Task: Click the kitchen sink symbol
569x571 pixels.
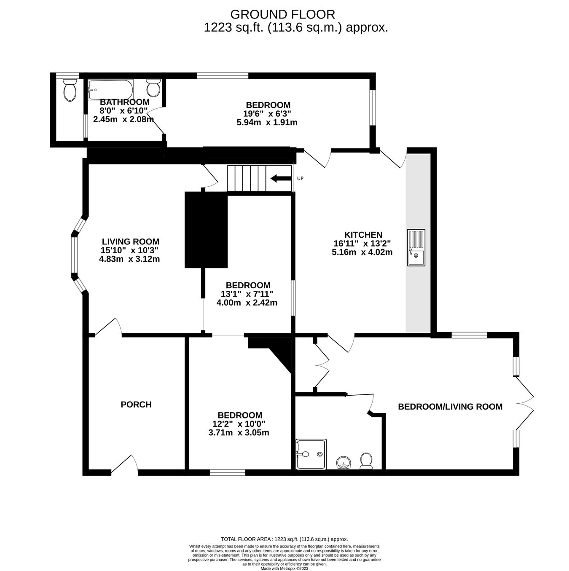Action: click(416, 247)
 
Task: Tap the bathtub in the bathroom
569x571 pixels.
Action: click(110, 90)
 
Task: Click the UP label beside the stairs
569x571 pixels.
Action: click(301, 178)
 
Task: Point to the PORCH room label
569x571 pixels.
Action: click(136, 405)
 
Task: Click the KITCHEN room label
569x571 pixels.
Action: click(363, 235)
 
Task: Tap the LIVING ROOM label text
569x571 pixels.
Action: click(131, 241)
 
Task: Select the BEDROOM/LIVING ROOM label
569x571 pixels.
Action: click(450, 407)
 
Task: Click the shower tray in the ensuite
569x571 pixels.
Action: click(311, 454)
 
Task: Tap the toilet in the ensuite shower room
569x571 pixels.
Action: click(366, 461)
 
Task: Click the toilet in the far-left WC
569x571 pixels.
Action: click(70, 90)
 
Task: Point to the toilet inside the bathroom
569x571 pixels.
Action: click(153, 88)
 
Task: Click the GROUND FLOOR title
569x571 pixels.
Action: click(282, 14)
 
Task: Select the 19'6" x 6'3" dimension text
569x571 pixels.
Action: click(267, 113)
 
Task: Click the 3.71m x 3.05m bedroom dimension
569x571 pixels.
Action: click(239, 433)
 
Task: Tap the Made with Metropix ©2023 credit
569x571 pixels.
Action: click(284, 568)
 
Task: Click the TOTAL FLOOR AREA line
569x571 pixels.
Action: click(284, 547)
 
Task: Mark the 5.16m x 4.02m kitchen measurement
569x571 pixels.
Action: click(362, 252)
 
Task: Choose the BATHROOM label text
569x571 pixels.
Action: click(124, 102)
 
